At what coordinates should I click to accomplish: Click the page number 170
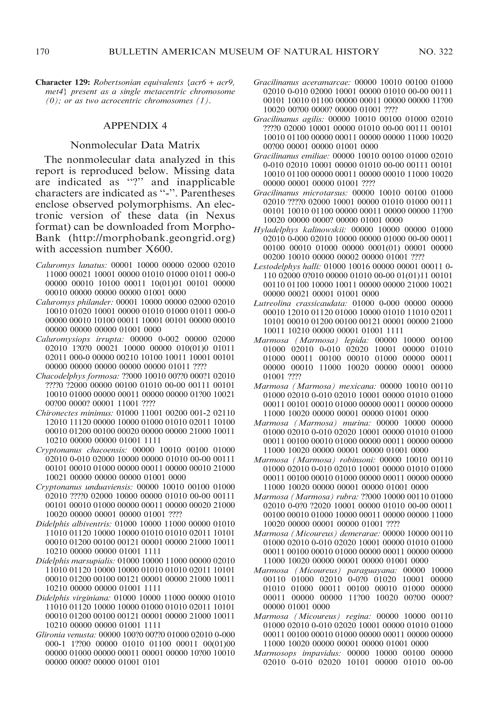[42, 52]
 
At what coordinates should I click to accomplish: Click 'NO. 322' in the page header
[436, 52]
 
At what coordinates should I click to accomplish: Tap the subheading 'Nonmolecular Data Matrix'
[135, 145]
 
